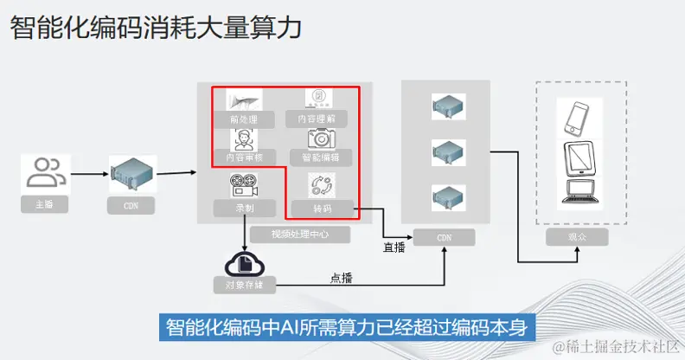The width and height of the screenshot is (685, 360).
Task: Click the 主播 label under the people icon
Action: point(45,205)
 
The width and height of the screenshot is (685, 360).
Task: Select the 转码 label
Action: point(321,209)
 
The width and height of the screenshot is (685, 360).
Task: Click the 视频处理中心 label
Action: point(286,234)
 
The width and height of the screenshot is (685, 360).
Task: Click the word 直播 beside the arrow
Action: point(394,248)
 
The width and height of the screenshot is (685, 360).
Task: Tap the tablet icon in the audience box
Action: point(577,157)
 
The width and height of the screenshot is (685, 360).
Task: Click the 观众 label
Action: point(577,236)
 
